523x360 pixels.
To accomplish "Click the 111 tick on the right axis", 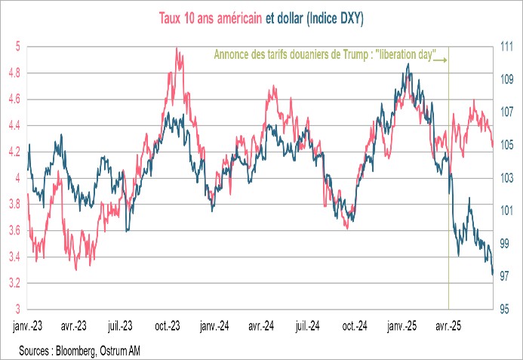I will tap(506, 47).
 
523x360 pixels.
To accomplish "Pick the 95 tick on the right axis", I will tap(506, 309).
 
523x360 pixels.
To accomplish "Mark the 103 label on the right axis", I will tap(506, 178).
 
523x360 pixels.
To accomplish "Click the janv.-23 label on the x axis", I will tap(29, 328).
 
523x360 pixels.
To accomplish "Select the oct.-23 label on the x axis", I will tap(167, 328).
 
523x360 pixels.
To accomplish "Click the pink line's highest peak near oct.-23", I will tap(177, 48).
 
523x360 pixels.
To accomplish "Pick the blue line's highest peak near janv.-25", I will tap(408, 64).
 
